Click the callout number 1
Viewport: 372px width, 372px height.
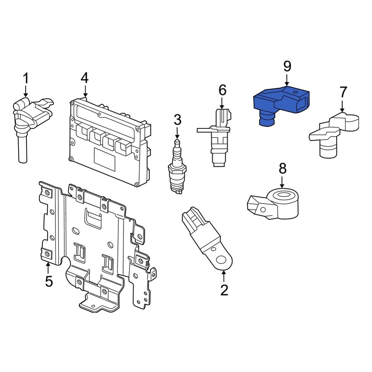click(26, 78)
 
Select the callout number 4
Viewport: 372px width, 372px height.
click(85, 78)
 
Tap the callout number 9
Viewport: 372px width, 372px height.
click(287, 66)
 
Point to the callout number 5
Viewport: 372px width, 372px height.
click(49, 282)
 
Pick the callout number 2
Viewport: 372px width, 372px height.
click(224, 290)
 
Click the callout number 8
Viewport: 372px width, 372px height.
click(283, 169)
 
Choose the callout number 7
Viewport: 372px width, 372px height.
click(343, 92)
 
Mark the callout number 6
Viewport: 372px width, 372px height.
click(222, 90)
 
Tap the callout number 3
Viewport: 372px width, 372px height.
click(177, 120)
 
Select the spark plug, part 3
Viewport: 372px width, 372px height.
click(177, 167)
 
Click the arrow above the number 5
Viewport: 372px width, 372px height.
click(48, 267)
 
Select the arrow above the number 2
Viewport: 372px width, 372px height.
click(224, 276)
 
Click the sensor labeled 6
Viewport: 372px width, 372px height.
click(218, 138)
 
